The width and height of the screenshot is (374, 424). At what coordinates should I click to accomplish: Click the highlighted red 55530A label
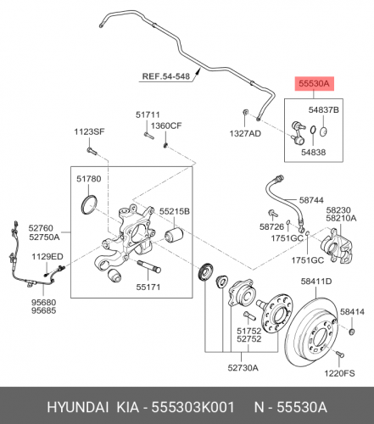315,84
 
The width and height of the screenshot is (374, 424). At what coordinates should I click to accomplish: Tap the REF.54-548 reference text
166,76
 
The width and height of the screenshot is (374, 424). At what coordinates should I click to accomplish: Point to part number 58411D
316,282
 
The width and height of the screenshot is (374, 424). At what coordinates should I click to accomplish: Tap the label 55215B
175,211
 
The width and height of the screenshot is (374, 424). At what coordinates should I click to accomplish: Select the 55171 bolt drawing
148,267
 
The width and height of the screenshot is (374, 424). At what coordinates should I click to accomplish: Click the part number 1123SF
89,131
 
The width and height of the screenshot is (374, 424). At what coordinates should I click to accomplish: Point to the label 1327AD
245,134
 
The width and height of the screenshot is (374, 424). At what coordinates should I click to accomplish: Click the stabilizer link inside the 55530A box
298,131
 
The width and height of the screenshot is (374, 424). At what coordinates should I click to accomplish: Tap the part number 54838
313,153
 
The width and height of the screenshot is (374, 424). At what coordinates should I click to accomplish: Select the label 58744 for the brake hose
311,200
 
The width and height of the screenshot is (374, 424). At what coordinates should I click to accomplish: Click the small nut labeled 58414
352,332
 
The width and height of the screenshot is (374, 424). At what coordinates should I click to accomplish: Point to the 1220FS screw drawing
339,354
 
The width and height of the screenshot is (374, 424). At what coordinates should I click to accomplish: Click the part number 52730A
243,368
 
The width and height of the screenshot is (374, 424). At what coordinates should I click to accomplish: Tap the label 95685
43,310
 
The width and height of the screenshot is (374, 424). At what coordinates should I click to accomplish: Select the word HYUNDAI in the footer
78,408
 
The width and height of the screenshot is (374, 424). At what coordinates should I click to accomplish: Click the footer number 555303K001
193,408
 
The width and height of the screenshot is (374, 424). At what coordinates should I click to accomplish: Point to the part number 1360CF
166,126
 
